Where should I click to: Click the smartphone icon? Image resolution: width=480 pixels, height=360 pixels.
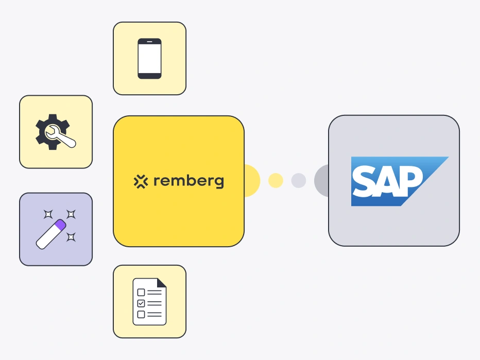pyautogui.click(x=149, y=59)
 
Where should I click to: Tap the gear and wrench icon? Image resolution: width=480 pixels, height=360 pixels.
pyautogui.click(x=56, y=132)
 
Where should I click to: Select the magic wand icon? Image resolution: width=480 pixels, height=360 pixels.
pyautogui.click(x=56, y=229)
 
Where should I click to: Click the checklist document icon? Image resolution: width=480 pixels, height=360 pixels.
pyautogui.click(x=149, y=301)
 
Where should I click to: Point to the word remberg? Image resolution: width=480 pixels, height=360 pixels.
pyautogui.click(x=188, y=181)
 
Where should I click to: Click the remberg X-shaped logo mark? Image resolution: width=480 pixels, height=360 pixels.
pyautogui.click(x=141, y=181)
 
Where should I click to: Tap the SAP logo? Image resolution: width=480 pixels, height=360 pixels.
pyautogui.click(x=400, y=181)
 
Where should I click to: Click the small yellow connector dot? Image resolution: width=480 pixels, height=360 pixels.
pyautogui.click(x=276, y=180)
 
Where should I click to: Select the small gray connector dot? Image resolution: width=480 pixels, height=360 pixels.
pyautogui.click(x=299, y=180)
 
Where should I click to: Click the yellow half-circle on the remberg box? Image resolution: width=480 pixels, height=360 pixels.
pyautogui.click(x=252, y=181)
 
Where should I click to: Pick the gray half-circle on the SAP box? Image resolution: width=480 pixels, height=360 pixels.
pyautogui.click(x=321, y=181)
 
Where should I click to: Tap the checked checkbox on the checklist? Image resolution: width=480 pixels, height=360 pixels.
pyautogui.click(x=141, y=303)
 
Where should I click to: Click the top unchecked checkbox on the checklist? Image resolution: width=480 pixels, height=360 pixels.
pyautogui.click(x=141, y=293)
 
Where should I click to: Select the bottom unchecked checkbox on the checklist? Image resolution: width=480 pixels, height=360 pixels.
pyautogui.click(x=141, y=314)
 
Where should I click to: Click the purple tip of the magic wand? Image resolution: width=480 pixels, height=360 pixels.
pyautogui.click(x=60, y=225)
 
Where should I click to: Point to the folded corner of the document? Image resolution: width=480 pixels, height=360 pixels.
pyautogui.click(x=161, y=283)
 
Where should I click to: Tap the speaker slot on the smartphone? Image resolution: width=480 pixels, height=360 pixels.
pyautogui.click(x=149, y=41)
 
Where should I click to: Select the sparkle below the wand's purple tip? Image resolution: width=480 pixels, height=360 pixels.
pyautogui.click(x=71, y=237)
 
